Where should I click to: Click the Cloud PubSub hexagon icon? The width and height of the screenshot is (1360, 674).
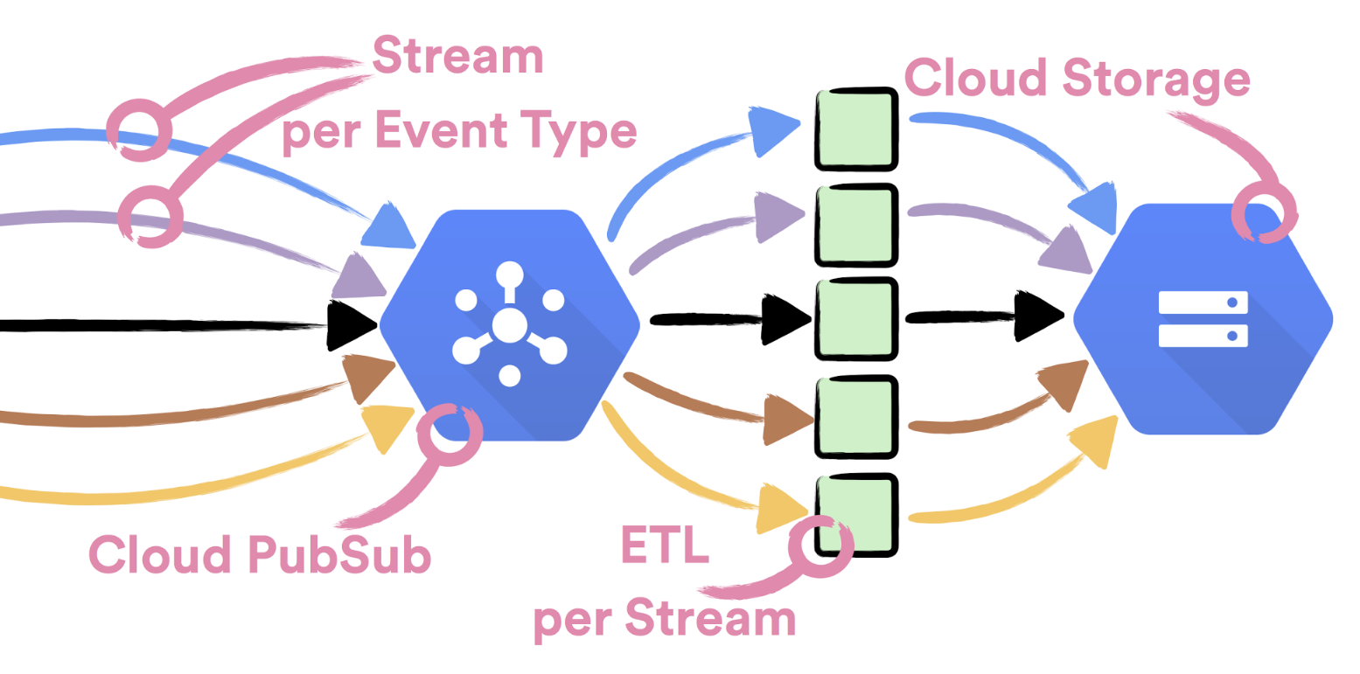tap(509, 325)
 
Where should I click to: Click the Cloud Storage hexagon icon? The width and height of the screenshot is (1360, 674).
tap(1203, 319)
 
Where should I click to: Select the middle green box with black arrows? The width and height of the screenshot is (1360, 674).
tap(856, 317)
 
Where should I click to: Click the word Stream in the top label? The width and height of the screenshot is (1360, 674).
tap(457, 58)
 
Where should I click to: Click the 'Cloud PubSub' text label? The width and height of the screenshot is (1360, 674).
tap(261, 555)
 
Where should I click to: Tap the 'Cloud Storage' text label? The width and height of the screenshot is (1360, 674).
tap(1077, 79)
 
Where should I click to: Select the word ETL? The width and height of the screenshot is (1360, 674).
tap(664, 545)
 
